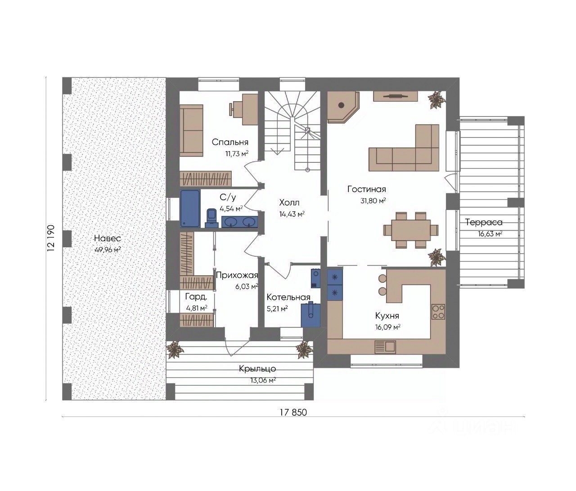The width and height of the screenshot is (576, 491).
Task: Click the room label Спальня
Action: click(229, 142)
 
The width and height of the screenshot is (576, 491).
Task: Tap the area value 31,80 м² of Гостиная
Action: click(373, 201)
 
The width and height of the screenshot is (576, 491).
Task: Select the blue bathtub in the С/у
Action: click(190, 209)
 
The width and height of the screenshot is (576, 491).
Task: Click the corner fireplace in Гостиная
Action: click(342, 107)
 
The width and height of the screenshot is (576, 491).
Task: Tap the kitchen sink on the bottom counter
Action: click(385, 347)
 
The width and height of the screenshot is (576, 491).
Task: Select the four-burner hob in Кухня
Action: click(438, 312)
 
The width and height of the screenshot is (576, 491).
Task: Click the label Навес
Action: click(107, 238)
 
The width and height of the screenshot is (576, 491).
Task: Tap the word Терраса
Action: click(484, 222)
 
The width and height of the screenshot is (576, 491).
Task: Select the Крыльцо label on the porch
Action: click(257, 369)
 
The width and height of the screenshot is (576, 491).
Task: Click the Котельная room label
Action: click(288, 297)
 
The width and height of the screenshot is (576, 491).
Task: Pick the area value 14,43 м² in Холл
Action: click(292, 214)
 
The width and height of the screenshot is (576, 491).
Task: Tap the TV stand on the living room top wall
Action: click(396, 96)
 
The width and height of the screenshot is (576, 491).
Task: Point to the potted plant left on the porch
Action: click(175, 349)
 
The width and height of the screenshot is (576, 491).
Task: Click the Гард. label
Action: click(196, 297)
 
